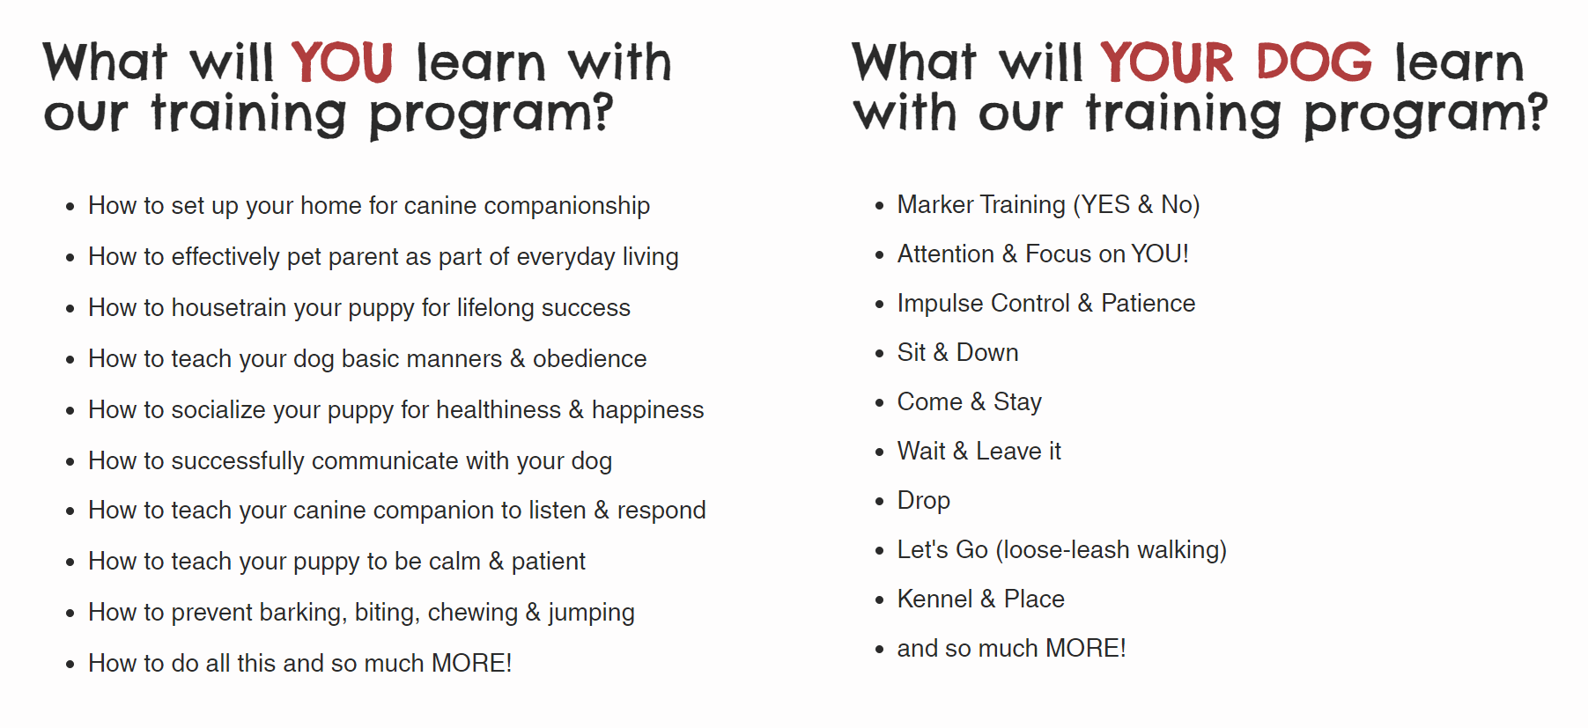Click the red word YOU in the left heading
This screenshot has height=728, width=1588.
tap(342, 63)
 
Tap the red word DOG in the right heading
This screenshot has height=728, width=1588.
tap(1313, 63)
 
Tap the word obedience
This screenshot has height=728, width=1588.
tap(589, 358)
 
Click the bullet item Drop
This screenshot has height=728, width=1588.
tap(924, 501)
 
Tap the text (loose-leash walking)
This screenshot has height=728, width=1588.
tap(1111, 550)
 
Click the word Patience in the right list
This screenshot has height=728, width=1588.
tap(1148, 303)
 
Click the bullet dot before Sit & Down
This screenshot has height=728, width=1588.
tap(879, 354)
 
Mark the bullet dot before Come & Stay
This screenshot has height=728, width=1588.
tap(879, 403)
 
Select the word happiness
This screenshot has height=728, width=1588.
tap(647, 410)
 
